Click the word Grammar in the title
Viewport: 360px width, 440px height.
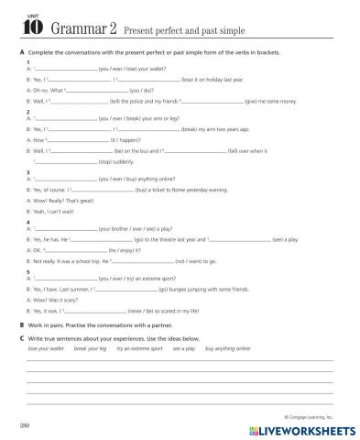click(x=63, y=27)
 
